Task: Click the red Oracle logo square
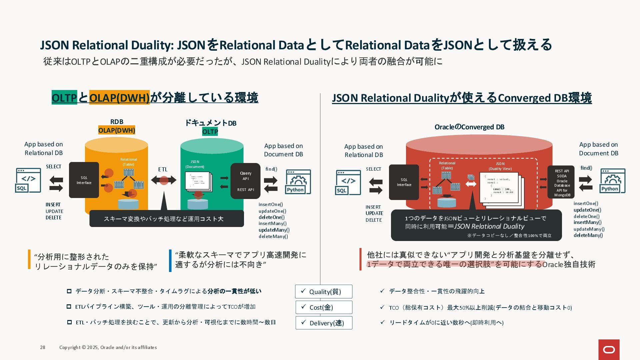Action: pos(609,349)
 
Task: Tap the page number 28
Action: pos(43,347)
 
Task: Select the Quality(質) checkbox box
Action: pos(323,292)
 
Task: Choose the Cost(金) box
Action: pos(323,307)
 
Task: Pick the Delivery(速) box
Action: pos(324,323)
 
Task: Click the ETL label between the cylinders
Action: pos(163,169)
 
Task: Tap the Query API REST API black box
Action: pos(245,181)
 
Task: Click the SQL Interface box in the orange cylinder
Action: pos(84,180)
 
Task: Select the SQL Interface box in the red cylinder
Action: pos(404,182)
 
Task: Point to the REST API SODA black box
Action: pos(561,182)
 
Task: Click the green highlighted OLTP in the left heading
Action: pos(64,98)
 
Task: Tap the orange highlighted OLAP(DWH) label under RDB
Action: pos(117,130)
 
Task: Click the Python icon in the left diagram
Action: pos(298,182)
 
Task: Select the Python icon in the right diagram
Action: pos(613,181)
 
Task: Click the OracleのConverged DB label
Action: pos(469,127)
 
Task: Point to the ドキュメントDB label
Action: pos(211,123)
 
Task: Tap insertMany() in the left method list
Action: pos(272,224)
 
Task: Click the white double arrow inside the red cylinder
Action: pos(471,184)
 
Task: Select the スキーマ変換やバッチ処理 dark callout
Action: pos(166,219)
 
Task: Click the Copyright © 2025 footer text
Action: pos(108,347)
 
